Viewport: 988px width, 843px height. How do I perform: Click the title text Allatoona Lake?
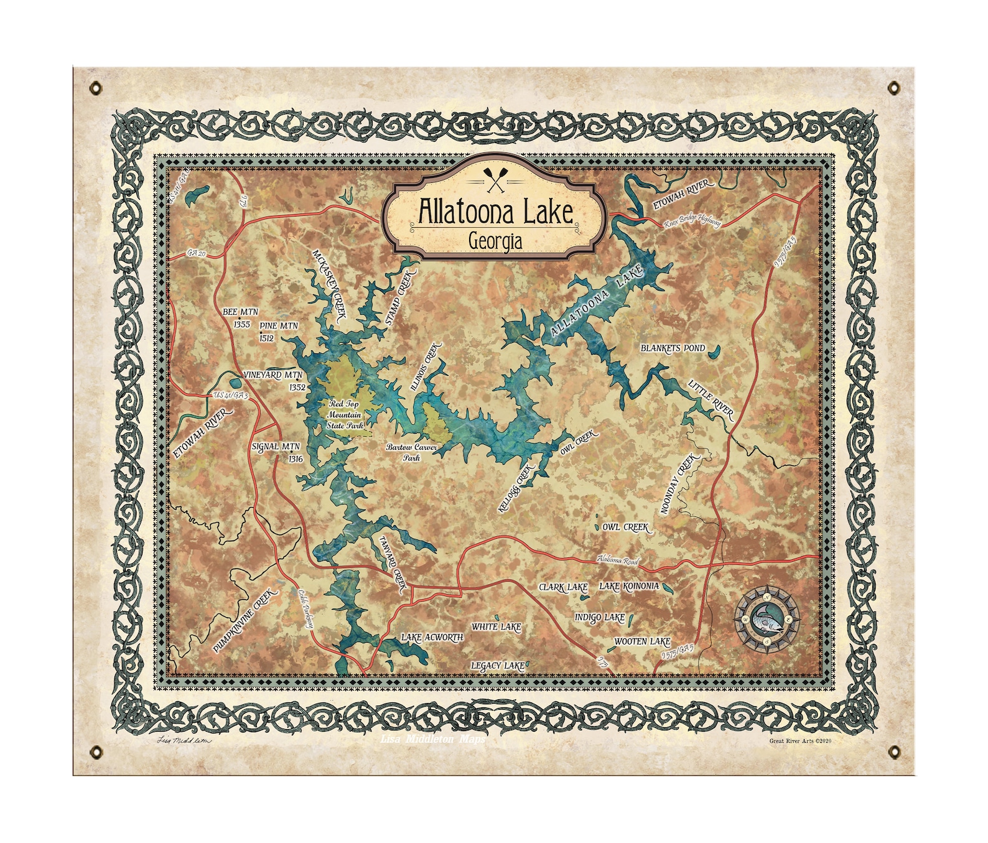click(x=495, y=212)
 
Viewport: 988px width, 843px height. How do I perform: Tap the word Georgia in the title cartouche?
click(x=495, y=240)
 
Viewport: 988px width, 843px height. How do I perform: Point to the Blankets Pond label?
click(x=673, y=348)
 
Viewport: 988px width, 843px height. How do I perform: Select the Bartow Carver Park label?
click(x=411, y=452)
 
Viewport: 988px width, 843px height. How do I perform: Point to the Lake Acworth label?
click(x=432, y=638)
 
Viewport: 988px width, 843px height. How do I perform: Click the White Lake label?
click(x=496, y=626)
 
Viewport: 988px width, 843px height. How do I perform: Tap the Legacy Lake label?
click(x=497, y=666)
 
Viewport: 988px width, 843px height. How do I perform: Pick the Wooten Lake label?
click(x=641, y=641)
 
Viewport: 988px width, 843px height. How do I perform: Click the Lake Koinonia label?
click(x=628, y=586)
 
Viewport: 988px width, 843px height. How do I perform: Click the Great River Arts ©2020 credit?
click(x=800, y=741)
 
